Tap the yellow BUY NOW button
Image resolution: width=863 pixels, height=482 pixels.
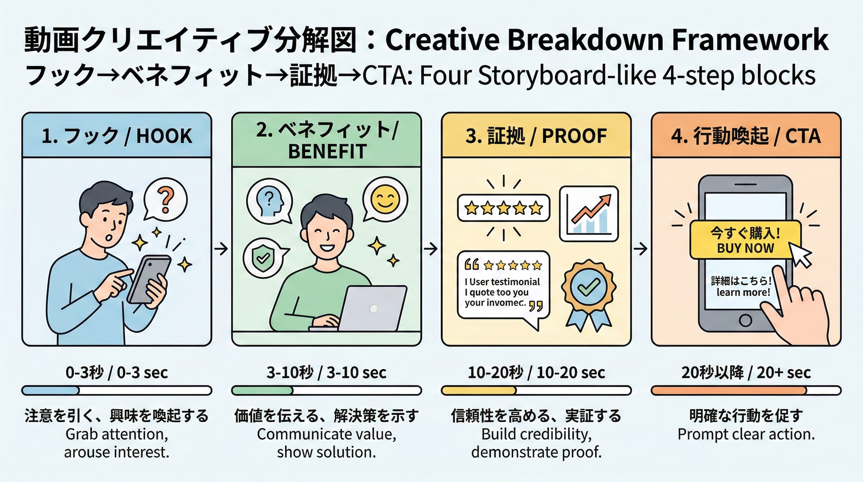pyautogui.click(x=745, y=240)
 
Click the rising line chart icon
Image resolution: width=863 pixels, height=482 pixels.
pyautogui.click(x=589, y=214)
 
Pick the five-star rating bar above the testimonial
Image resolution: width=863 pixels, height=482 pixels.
pyautogui.click(x=504, y=208)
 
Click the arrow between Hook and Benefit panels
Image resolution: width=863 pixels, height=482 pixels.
pyautogui.click(x=221, y=249)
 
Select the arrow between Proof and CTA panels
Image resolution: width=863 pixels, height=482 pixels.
pyautogui.click(x=641, y=249)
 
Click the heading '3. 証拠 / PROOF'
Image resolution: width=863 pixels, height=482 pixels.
pyautogui.click(x=536, y=136)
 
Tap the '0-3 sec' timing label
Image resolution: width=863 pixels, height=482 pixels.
pyautogui.click(x=142, y=373)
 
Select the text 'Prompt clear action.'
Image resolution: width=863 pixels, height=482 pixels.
pyautogui.click(x=746, y=434)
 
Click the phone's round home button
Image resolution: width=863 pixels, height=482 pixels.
pyautogui.click(x=745, y=320)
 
